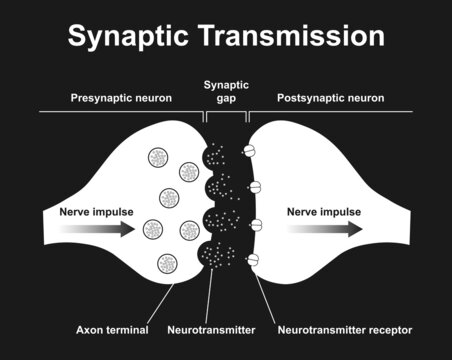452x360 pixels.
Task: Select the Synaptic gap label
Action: [226, 92]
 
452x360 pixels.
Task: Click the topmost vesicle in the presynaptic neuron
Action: [157, 157]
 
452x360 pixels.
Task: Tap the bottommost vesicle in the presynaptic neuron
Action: [167, 265]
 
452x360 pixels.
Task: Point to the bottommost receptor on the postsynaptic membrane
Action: [253, 259]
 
